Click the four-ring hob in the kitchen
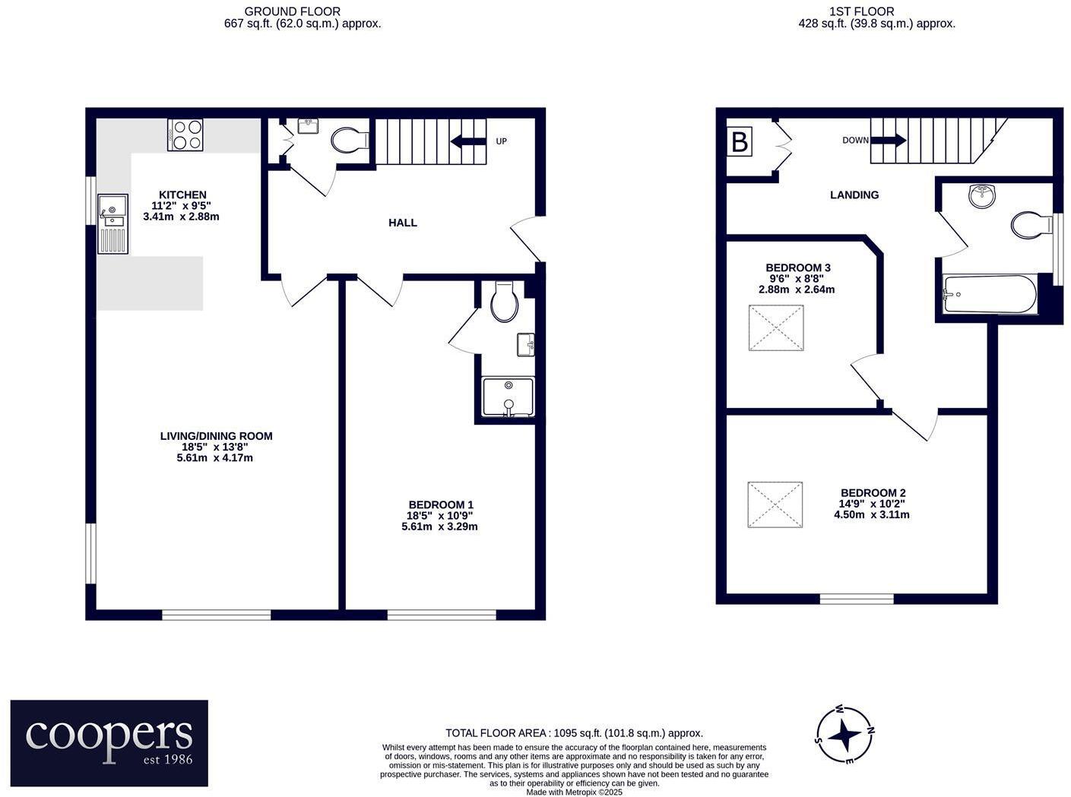click(x=185, y=135)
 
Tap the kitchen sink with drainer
click(x=112, y=223)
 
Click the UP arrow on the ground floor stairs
click(x=467, y=141)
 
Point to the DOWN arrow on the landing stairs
click(x=888, y=141)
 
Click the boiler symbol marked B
click(x=740, y=142)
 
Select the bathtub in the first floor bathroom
click(x=989, y=294)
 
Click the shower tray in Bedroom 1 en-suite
click(x=509, y=397)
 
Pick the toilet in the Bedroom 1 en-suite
click(x=504, y=302)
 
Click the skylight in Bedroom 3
click(x=775, y=328)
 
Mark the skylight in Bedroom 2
click(x=775, y=504)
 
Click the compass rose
click(x=844, y=735)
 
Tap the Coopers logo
click(x=109, y=742)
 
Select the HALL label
click(x=402, y=223)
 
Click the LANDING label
click(x=854, y=195)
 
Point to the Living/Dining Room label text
click(x=216, y=436)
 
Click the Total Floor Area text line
click(x=574, y=733)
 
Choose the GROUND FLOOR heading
click(x=292, y=11)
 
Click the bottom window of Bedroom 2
click(x=857, y=599)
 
